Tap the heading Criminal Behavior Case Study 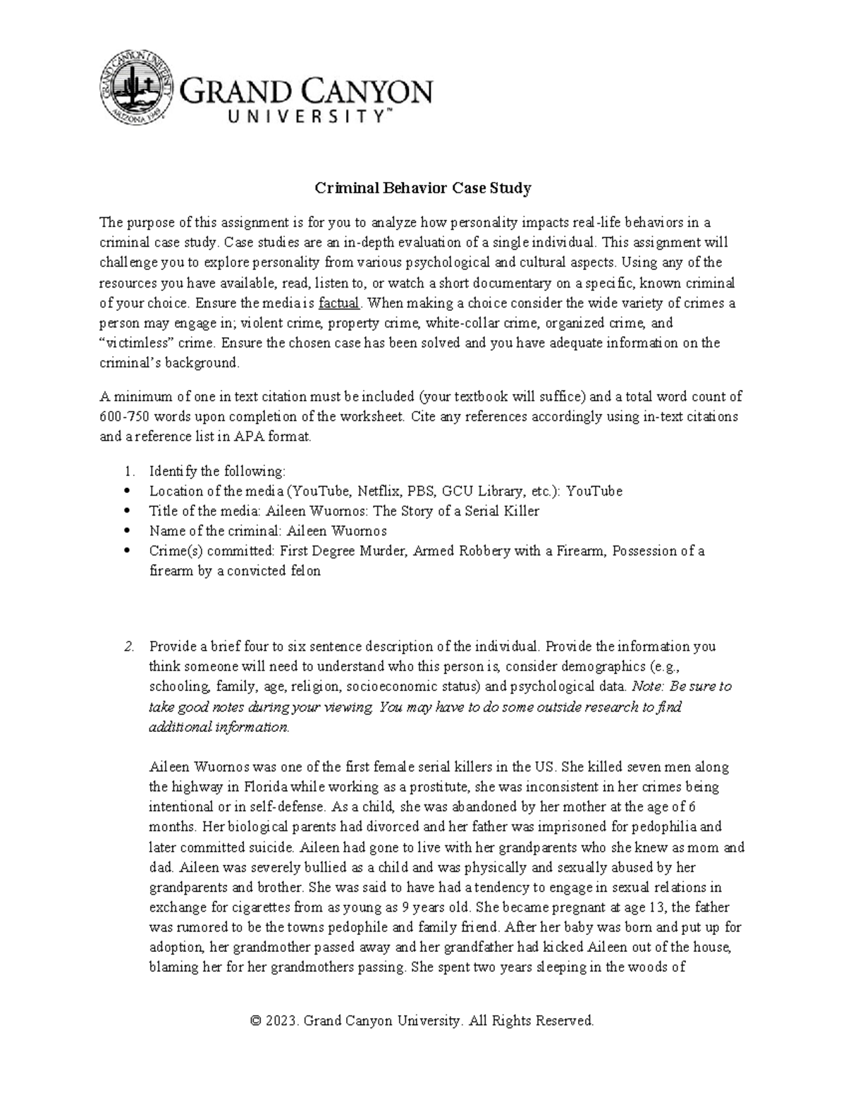pos(422,188)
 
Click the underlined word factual pos(339,304)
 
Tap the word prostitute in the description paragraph pos(441,786)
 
